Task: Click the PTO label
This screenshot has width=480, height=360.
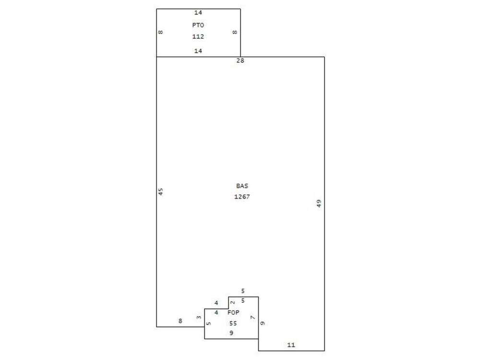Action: click(x=198, y=25)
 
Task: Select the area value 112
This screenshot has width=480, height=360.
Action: click(x=198, y=36)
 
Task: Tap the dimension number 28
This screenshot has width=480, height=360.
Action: click(x=240, y=60)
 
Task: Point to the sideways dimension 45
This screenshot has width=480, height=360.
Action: click(x=161, y=192)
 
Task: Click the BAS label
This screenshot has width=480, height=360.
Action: click(x=242, y=186)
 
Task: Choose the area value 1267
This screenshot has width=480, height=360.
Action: click(x=242, y=197)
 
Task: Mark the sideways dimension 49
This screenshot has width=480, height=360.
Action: click(x=319, y=204)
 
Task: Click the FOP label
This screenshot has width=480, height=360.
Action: click(x=233, y=312)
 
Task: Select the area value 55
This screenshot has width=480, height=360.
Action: click(x=233, y=323)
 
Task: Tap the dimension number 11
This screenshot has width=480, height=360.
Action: click(x=291, y=345)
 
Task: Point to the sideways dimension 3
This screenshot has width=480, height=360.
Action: click(x=199, y=317)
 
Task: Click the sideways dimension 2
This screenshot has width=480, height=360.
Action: click(x=233, y=302)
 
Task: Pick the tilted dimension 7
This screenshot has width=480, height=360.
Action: click(x=252, y=317)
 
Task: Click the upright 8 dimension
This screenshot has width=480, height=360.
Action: click(x=180, y=321)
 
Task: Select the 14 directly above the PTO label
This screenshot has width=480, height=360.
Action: click(x=198, y=12)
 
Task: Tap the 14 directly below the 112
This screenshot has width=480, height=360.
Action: click(x=198, y=51)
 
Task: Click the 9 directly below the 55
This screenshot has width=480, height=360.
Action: click(x=231, y=333)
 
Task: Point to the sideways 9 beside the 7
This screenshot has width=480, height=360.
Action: click(x=263, y=323)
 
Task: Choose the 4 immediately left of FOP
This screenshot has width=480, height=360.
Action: click(x=216, y=312)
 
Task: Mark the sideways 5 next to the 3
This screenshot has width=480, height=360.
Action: click(x=208, y=323)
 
